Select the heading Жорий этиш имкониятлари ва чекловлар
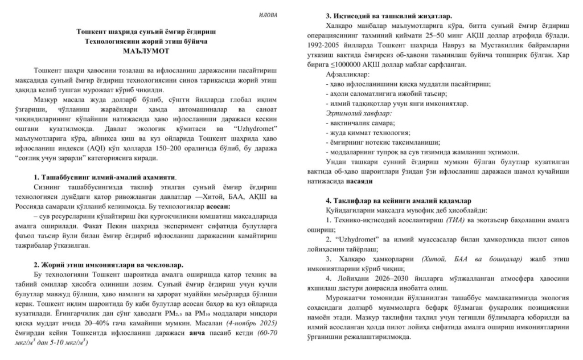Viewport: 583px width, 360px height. point(109,265)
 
